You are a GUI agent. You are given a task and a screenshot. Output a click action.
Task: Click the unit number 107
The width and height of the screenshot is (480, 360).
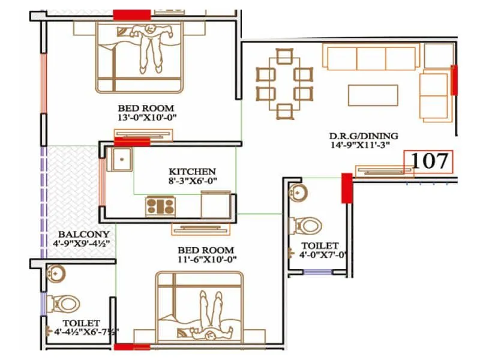[428, 161]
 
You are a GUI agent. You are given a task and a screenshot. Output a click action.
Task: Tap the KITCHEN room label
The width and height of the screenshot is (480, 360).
[192, 171]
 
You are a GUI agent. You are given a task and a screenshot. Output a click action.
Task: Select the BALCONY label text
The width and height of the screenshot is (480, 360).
[84, 234]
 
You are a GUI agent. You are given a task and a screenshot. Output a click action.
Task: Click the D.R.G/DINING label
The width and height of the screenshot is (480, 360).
[364, 136]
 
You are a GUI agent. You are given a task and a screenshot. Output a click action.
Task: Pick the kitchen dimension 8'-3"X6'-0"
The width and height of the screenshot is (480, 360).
[192, 181]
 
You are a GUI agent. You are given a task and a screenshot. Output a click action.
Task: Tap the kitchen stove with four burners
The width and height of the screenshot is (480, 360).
[160, 206]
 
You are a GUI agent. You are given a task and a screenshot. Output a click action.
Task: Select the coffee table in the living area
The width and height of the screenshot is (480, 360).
[373, 95]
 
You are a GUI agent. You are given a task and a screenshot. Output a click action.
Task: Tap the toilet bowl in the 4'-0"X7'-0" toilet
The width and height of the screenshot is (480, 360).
[306, 226]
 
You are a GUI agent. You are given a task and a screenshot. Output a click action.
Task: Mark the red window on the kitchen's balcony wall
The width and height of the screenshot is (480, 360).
[102, 181]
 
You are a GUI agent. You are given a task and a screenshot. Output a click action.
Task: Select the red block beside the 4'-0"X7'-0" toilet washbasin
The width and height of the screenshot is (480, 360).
[346, 188]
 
